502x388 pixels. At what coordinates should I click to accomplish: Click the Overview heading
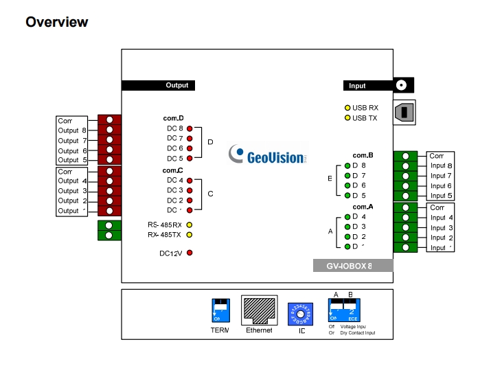point(57,22)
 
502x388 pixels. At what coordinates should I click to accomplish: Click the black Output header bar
point(158,86)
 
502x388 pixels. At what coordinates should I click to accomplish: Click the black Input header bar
point(368,86)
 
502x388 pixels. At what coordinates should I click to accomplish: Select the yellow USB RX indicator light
point(347,108)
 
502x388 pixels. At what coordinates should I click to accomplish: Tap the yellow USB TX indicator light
point(347,118)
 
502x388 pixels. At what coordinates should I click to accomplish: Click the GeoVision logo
point(267,156)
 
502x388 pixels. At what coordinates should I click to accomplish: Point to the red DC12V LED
point(189,253)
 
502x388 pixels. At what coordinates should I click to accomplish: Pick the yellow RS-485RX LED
point(189,225)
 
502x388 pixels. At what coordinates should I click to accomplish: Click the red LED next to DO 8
point(189,128)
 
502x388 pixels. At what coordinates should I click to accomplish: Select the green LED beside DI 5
point(347,196)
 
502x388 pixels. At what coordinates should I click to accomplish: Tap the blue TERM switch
point(220,310)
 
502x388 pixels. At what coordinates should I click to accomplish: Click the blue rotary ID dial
point(301,313)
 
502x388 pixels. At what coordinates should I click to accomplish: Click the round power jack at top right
point(403,86)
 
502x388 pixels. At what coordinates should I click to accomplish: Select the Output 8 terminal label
point(72,130)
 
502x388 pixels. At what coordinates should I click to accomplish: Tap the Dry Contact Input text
point(358,333)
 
